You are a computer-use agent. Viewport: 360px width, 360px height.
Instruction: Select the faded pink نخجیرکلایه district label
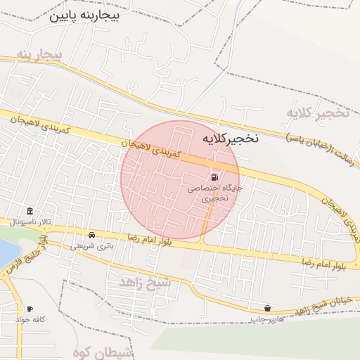(318, 112)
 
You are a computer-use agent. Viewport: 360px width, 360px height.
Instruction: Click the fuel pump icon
(214, 177)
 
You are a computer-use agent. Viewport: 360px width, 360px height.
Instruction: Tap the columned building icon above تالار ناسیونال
(30, 212)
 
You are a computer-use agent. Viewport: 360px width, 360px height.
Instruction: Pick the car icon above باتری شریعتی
(92, 235)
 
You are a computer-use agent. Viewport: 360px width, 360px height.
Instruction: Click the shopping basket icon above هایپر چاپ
(267, 309)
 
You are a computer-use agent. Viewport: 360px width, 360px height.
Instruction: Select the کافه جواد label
(30, 320)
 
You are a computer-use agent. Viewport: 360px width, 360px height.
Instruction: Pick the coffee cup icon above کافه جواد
(30, 309)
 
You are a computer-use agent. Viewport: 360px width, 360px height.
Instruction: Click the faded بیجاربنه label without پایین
(40, 55)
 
